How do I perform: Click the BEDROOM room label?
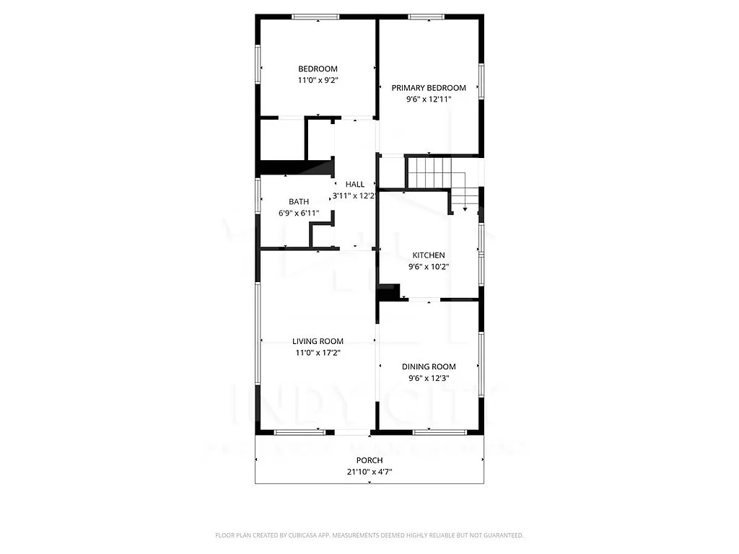tap(318, 69)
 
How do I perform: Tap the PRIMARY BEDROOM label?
tap(429, 88)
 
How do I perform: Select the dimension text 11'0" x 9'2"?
tap(318, 81)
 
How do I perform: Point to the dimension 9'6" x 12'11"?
tap(429, 100)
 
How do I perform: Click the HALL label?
tap(354, 185)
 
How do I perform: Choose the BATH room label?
tap(299, 202)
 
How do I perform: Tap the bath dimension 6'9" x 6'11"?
tap(299, 214)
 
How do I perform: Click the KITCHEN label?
tap(429, 255)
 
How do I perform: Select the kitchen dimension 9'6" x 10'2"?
tap(429, 267)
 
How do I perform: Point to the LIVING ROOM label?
tap(318, 342)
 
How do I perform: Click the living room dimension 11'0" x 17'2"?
tap(318, 353)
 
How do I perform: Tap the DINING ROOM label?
tap(429, 367)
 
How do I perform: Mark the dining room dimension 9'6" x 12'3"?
tap(429, 379)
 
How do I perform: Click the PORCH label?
tap(369, 460)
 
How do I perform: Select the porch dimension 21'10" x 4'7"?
tap(369, 472)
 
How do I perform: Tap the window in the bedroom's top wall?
tap(318, 16)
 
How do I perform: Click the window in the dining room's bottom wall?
tap(439, 432)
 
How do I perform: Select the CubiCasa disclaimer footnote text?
tap(369, 535)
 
